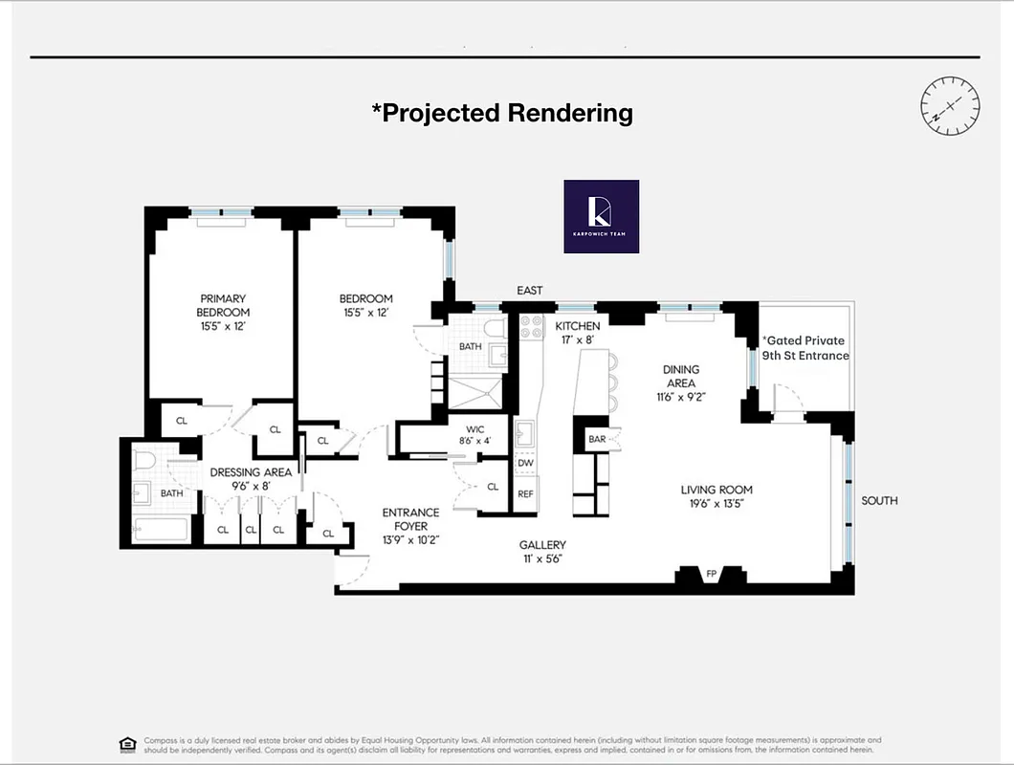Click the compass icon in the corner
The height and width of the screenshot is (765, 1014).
950,103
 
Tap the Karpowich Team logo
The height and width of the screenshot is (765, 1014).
601,216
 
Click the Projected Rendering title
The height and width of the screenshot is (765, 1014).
502,113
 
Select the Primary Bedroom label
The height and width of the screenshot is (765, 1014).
223,312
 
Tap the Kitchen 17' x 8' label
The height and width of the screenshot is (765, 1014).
578,333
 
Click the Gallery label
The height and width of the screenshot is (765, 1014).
542,551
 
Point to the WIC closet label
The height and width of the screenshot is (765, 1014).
474,435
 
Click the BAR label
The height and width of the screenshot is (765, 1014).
598,439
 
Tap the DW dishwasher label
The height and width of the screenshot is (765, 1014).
525,463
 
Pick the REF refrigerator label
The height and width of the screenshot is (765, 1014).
525,494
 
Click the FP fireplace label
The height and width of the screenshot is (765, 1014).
711,575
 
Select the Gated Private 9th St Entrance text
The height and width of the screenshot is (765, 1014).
805,348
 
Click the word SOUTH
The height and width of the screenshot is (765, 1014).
879,500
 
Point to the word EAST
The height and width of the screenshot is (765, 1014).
529,291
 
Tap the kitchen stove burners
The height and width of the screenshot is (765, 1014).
531,327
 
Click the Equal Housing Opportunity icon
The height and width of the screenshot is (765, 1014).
127,744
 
